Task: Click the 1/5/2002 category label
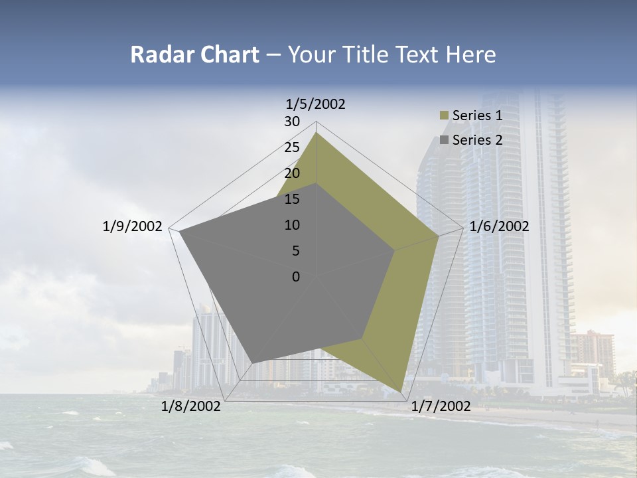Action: tap(316, 104)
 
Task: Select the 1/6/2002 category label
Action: tap(499, 226)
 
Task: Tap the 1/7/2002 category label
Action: tap(441, 406)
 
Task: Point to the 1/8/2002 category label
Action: tap(191, 406)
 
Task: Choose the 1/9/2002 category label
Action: tap(133, 226)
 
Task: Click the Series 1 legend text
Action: tap(477, 116)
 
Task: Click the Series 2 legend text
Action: tap(477, 140)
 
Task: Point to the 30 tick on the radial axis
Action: tap(292, 121)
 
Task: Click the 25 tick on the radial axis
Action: tap(292, 147)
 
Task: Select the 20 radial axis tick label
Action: tap(292, 173)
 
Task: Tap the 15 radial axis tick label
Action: tap(292, 199)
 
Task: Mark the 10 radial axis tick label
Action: tap(292, 225)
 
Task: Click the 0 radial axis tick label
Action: tap(296, 277)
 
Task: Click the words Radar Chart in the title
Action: tap(194, 55)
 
